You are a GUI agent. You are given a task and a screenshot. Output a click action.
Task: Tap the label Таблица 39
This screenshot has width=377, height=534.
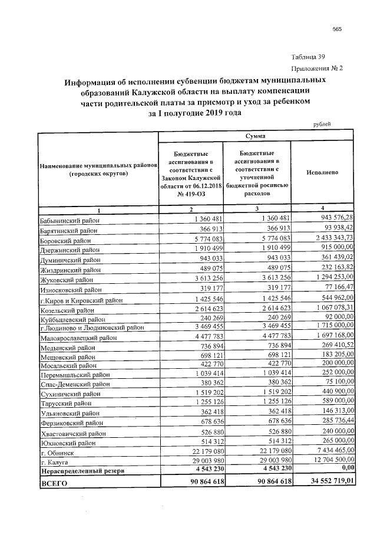309,57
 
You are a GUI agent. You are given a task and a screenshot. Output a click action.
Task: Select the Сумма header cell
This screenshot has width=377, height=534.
256,136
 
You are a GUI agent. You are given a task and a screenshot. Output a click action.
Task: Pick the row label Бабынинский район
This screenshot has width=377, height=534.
68,220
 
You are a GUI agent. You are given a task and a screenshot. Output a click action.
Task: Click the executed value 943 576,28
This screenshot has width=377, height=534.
333,219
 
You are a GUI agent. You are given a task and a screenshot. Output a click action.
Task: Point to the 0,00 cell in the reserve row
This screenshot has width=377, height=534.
345,470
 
